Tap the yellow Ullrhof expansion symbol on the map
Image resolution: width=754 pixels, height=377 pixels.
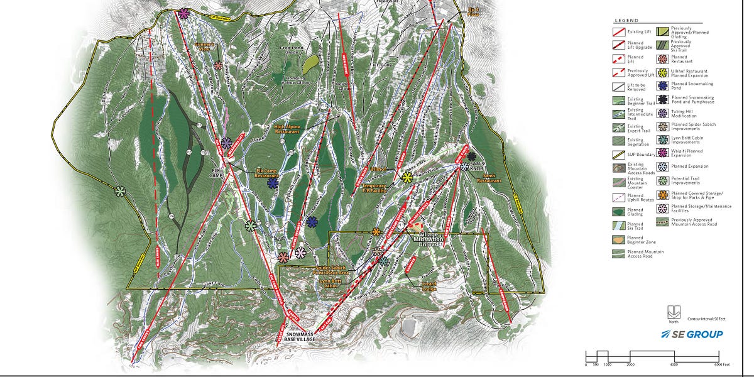pos(407,178)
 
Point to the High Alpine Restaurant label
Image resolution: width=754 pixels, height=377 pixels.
pos(287,129)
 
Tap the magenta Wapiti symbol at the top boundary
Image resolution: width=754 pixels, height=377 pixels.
pos(183,13)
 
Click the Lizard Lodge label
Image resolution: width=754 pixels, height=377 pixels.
pos(429,286)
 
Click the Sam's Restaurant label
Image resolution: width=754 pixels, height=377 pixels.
pos(488,180)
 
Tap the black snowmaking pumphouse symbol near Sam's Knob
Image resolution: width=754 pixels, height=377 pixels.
pos(471,155)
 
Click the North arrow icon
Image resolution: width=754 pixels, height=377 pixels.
pos(673,310)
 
